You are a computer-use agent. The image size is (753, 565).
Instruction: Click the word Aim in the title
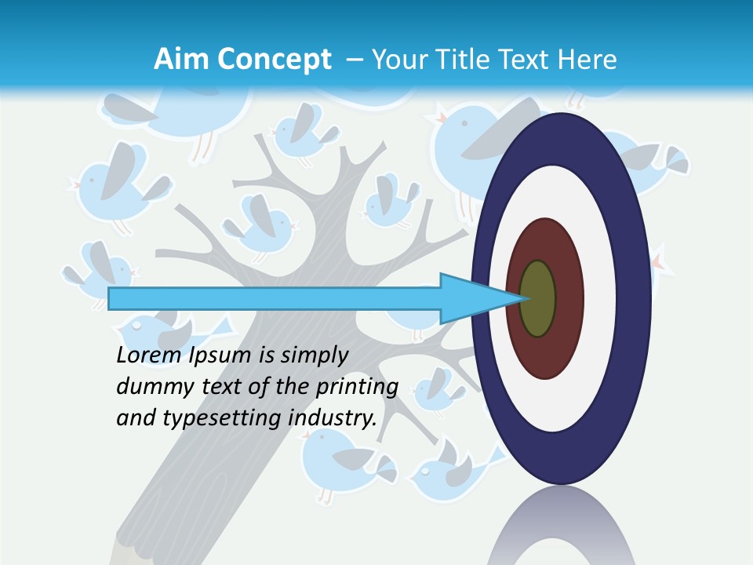[x=177, y=60]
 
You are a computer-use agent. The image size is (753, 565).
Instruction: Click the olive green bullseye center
[x=538, y=299]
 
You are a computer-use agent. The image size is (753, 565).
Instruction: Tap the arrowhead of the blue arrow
[x=471, y=299]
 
